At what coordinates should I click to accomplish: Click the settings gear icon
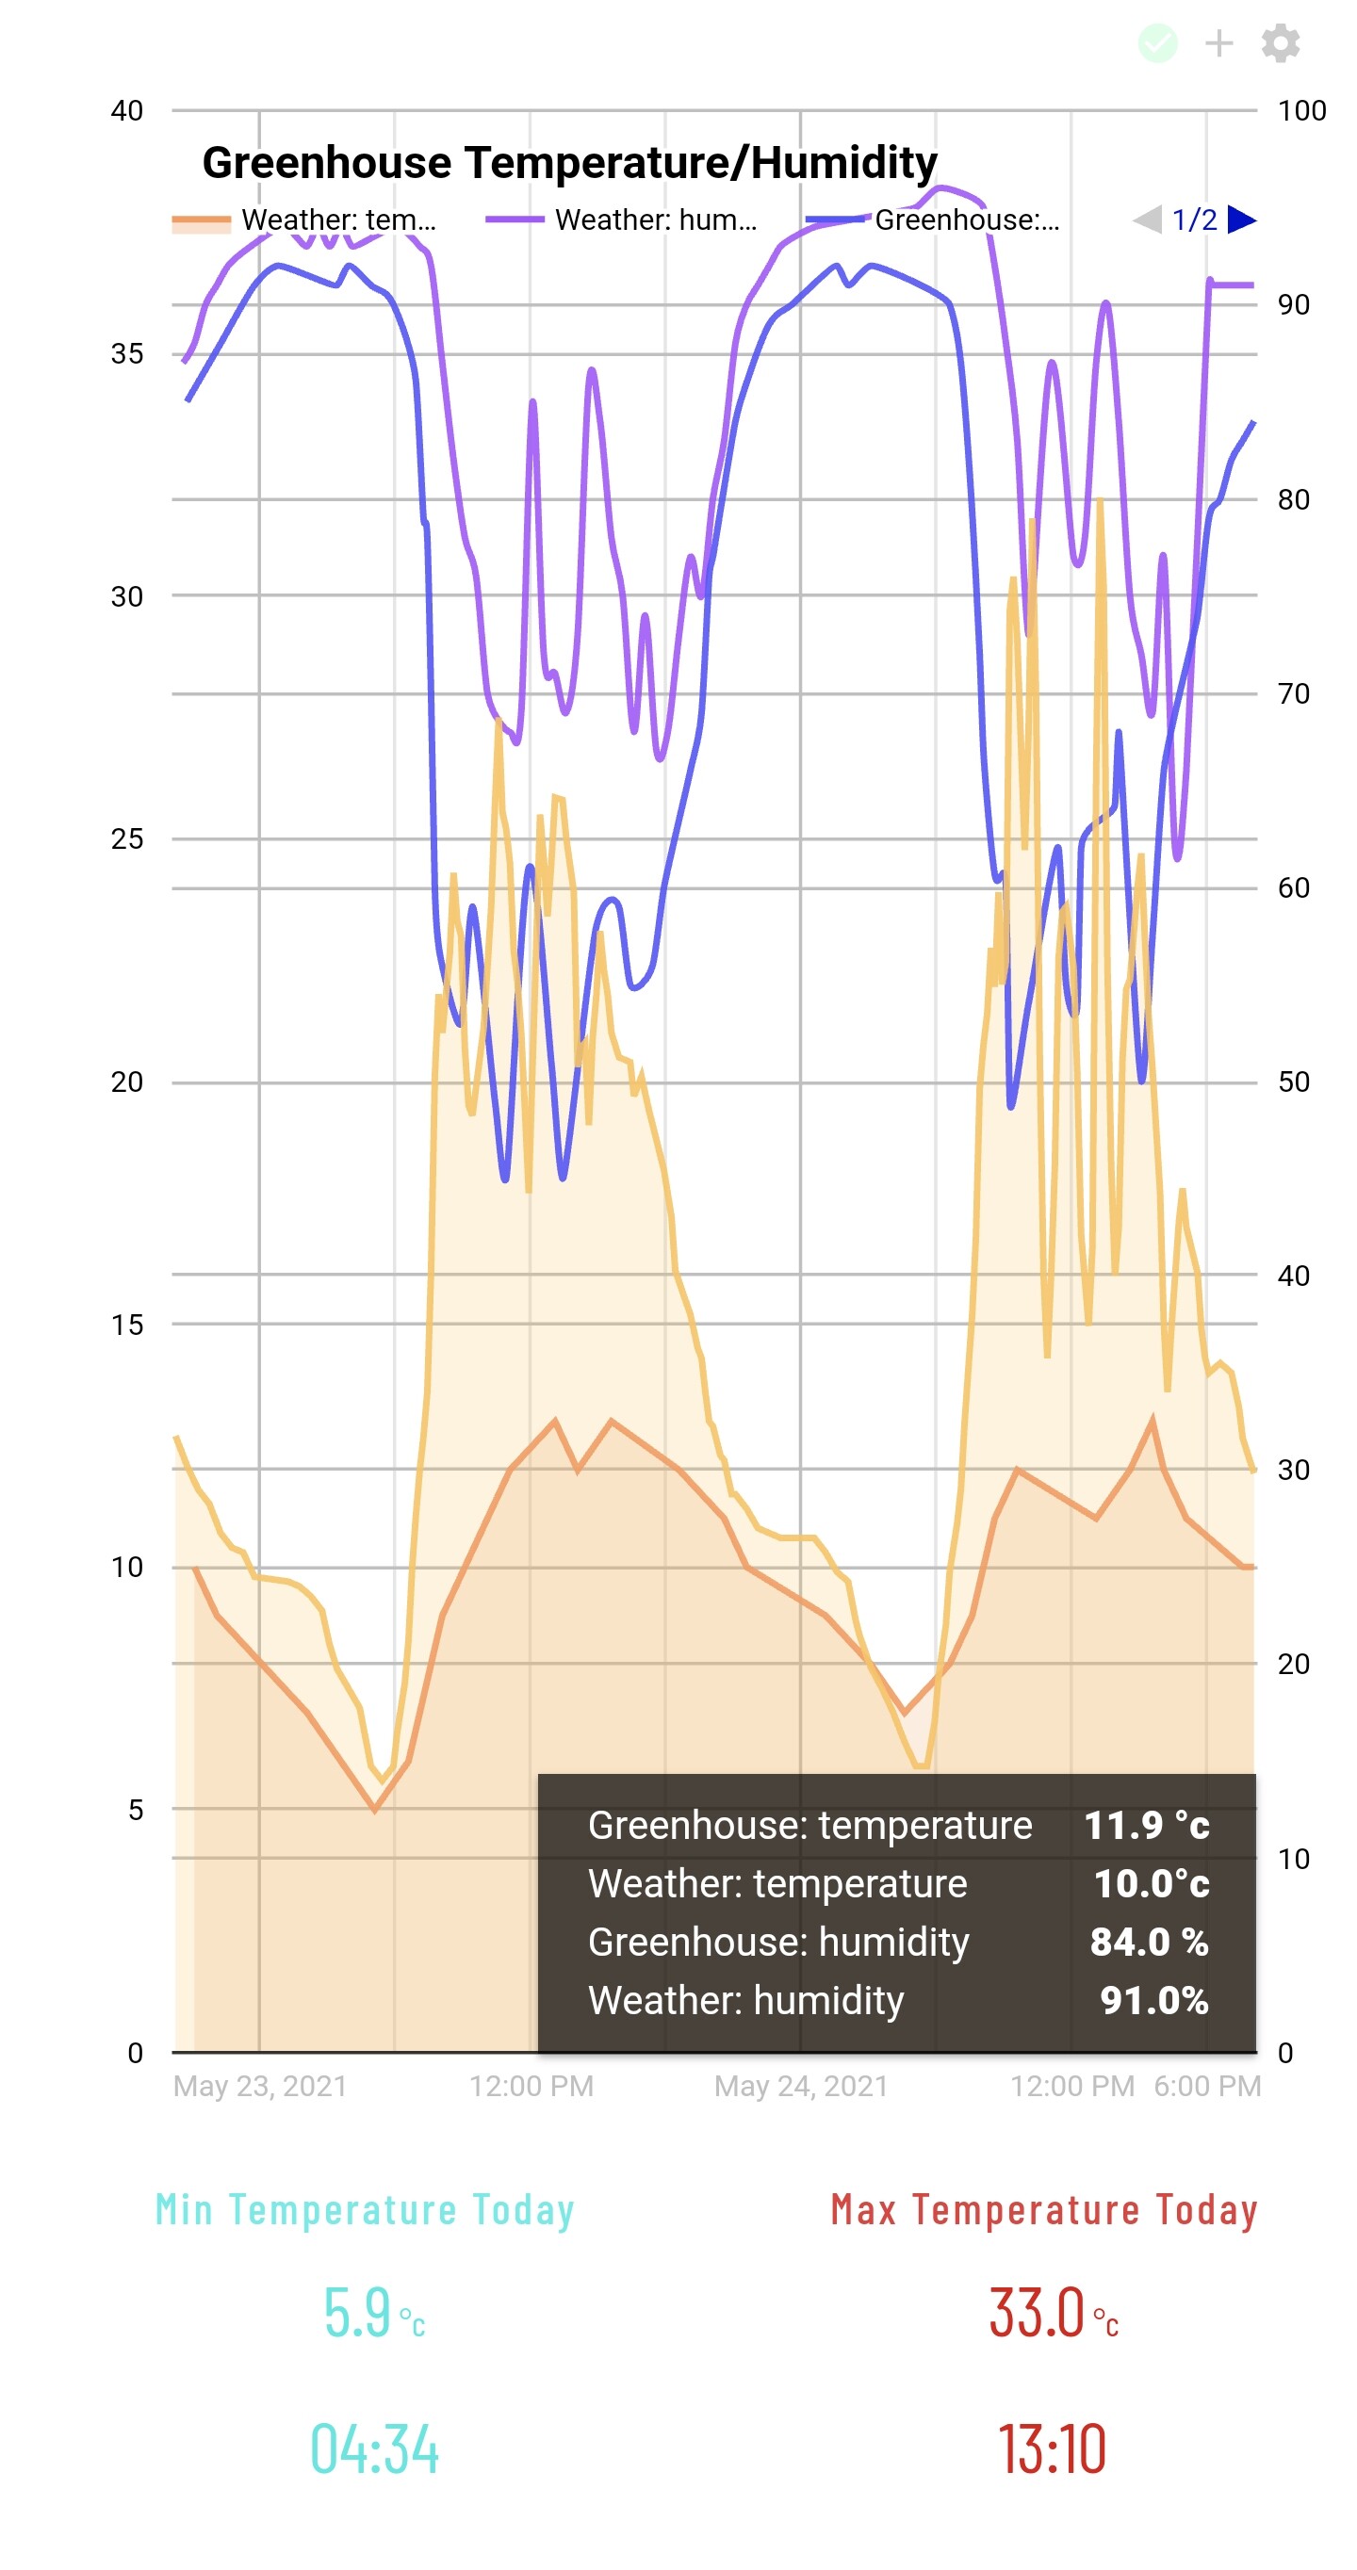click(1280, 43)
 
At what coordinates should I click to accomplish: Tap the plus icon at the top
click(1218, 43)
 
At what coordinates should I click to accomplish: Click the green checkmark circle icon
click(1157, 43)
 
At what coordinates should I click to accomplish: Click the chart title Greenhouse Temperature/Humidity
click(570, 162)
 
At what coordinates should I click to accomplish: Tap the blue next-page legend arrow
click(1241, 220)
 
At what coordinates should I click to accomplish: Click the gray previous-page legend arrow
click(1148, 220)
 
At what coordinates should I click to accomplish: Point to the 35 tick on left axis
click(126, 354)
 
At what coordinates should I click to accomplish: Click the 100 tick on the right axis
click(1301, 111)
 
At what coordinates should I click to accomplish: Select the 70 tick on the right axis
click(1293, 693)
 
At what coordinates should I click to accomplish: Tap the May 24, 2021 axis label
click(800, 2086)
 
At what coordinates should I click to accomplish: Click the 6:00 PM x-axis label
click(1207, 2086)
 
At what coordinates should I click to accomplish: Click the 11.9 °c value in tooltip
click(1147, 1826)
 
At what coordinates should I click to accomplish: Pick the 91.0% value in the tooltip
click(1153, 2000)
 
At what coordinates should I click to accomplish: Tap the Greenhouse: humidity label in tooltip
click(778, 1942)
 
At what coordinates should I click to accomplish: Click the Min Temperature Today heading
click(366, 2210)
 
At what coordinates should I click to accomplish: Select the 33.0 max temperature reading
click(1038, 2313)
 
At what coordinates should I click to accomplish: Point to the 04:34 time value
click(374, 2449)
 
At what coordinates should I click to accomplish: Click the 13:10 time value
click(1053, 2449)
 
